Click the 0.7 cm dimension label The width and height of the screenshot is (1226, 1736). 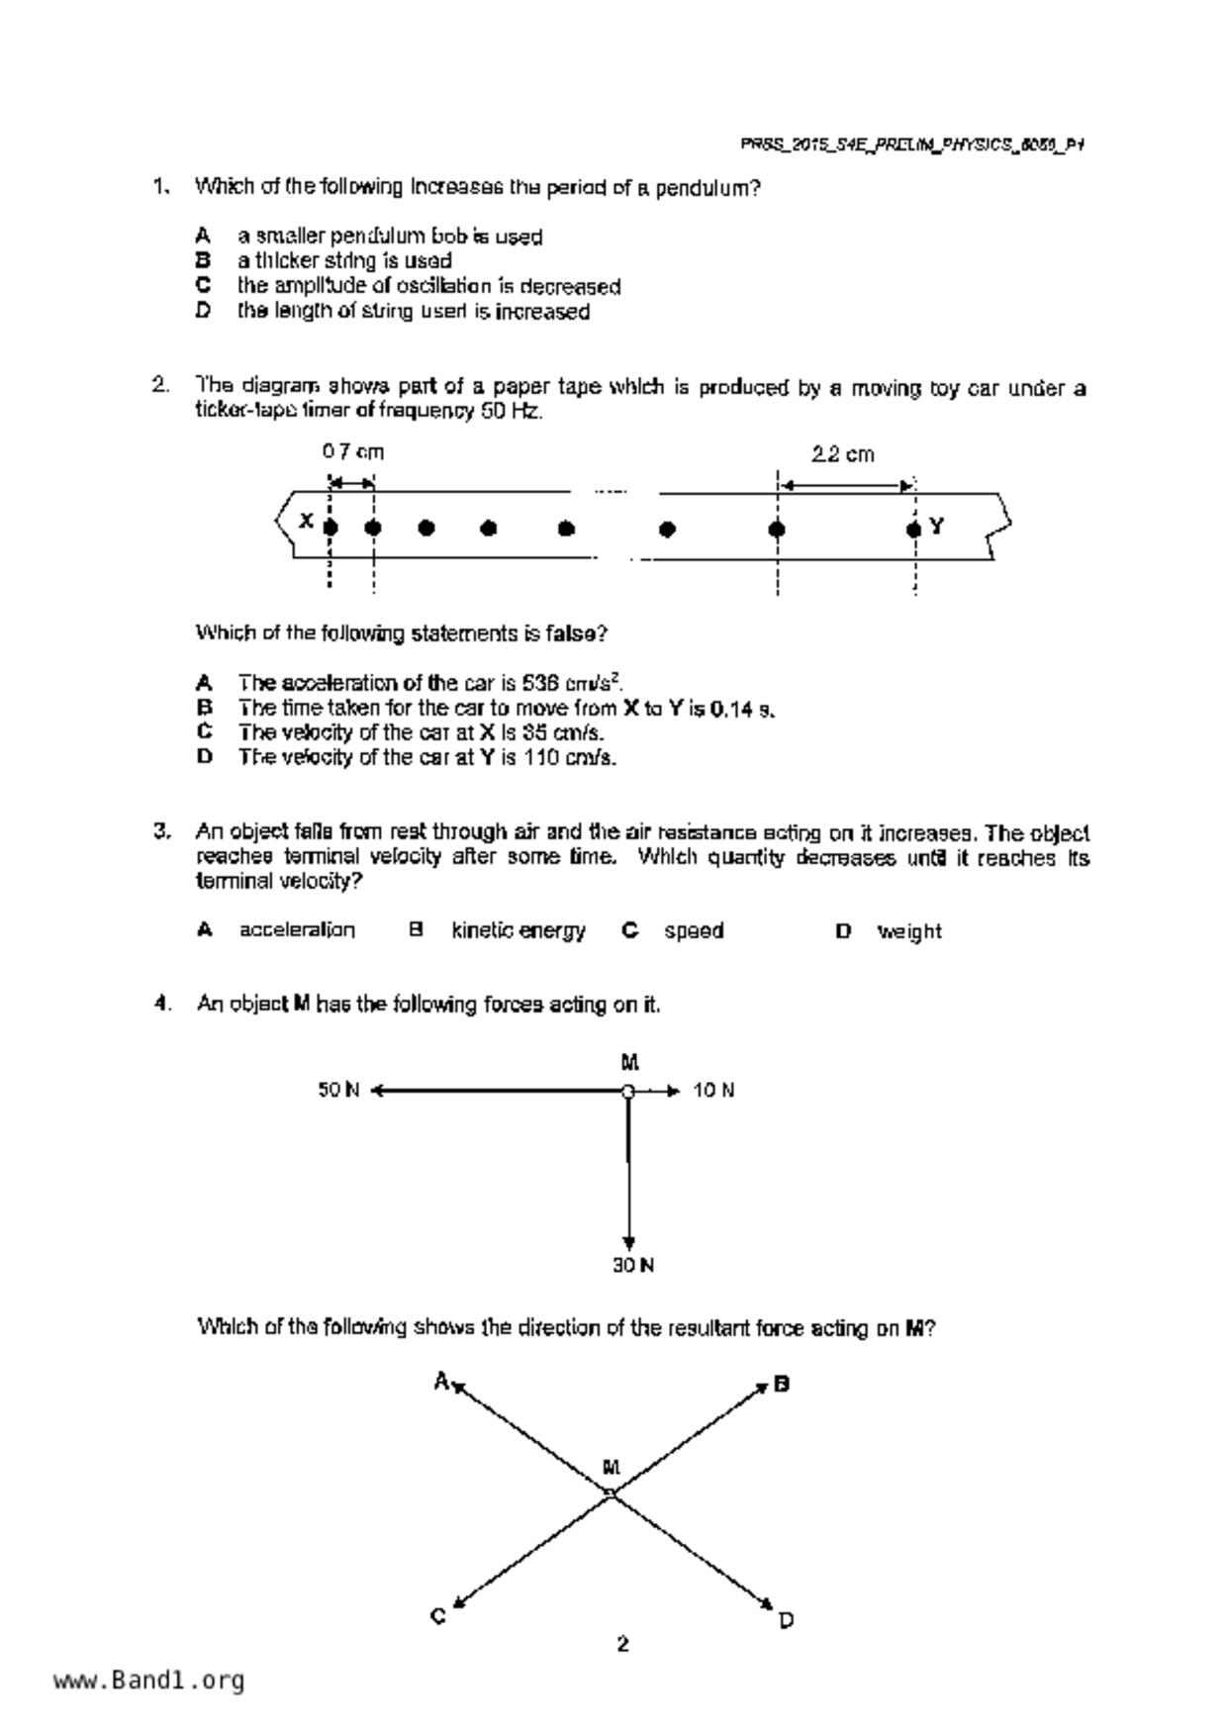[x=352, y=452]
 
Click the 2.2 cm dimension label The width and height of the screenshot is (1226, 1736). [x=843, y=454]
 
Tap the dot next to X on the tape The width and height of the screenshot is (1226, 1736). [x=330, y=528]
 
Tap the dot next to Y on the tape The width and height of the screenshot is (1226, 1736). [x=913, y=530]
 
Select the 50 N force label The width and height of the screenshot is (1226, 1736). [x=338, y=1090]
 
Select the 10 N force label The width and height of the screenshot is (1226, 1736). [x=713, y=1091]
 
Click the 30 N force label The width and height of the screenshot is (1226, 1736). [x=633, y=1265]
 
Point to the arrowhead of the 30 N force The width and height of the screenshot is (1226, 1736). [x=628, y=1243]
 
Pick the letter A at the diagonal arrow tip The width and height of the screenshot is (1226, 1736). [x=441, y=1381]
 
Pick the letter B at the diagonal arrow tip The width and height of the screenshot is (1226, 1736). [x=782, y=1384]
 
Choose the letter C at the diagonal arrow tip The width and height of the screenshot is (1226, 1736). [x=438, y=1616]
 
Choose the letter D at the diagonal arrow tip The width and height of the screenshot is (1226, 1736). [x=786, y=1620]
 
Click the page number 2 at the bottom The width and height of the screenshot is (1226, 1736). [x=622, y=1644]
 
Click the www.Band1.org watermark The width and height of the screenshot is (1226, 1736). [x=149, y=1681]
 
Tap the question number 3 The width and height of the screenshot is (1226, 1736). [x=162, y=831]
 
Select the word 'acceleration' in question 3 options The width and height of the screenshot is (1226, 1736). [x=297, y=930]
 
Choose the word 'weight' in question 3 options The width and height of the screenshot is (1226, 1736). [x=909, y=931]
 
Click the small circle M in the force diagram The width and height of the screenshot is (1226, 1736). [x=627, y=1091]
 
